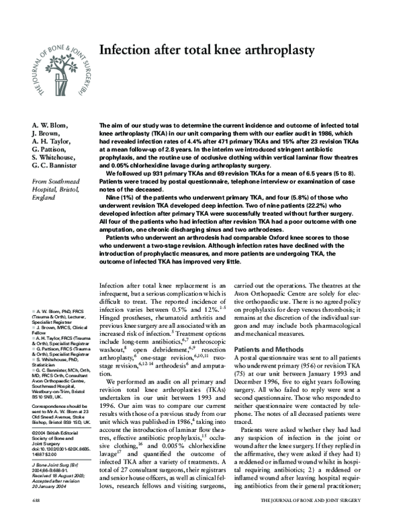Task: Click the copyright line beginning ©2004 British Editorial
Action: click(56, 433)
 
